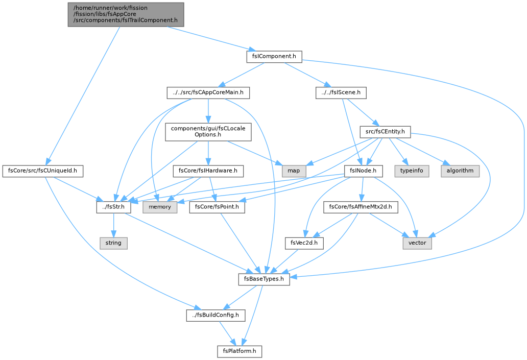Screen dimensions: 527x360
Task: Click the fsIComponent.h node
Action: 274,56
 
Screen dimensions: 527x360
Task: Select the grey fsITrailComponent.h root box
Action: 126,14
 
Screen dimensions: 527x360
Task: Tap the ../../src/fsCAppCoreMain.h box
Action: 208,92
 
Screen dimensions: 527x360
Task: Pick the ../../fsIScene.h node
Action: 341,92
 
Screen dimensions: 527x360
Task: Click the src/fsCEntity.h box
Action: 385,131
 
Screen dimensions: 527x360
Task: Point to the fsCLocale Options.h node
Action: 208,131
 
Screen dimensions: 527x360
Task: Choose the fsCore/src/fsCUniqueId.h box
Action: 43,171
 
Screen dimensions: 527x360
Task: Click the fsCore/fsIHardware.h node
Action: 208,171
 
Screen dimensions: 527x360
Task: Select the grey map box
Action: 294,171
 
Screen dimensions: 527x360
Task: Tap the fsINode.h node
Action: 363,171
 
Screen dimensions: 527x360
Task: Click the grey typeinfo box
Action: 412,171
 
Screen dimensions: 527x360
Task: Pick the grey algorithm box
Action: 460,171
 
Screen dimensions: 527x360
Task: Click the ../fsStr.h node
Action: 113,207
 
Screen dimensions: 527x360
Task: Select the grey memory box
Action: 160,207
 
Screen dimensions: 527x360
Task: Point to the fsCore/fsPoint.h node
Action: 217,207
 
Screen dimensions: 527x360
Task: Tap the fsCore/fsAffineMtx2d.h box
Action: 361,207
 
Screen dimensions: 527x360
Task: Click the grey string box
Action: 113,243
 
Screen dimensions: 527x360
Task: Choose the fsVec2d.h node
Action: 304,243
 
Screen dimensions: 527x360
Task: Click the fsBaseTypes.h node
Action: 264,279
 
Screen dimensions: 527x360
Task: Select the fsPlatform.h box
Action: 239,351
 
